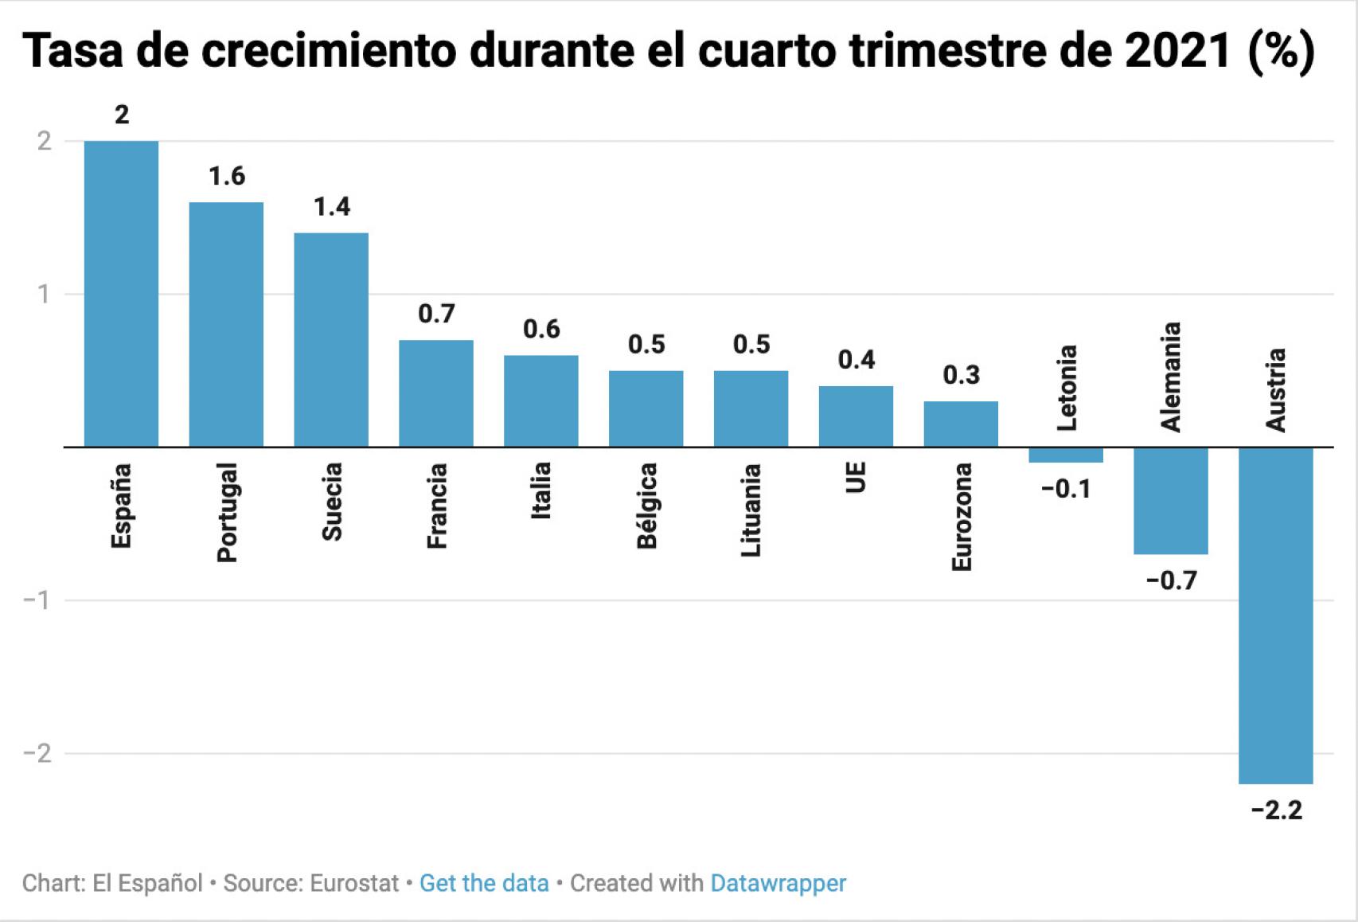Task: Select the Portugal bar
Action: tap(226, 324)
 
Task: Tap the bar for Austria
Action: tap(1275, 615)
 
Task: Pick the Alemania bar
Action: tap(1170, 500)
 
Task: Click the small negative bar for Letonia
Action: tap(1065, 455)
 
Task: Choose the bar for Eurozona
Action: tap(961, 424)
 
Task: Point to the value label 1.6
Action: tap(227, 176)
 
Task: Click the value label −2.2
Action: tap(1276, 811)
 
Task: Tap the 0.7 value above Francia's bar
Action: tap(436, 314)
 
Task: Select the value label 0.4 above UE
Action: tap(857, 360)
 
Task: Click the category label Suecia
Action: tap(332, 502)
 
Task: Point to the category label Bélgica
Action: tap(647, 506)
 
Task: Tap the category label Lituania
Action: tap(751, 510)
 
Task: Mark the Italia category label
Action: tap(541, 491)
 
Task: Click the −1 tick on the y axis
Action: tap(37, 600)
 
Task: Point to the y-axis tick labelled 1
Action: tap(43, 295)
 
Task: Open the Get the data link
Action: tap(484, 883)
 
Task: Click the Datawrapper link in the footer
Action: tap(778, 883)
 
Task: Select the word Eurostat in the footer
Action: tap(354, 883)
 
